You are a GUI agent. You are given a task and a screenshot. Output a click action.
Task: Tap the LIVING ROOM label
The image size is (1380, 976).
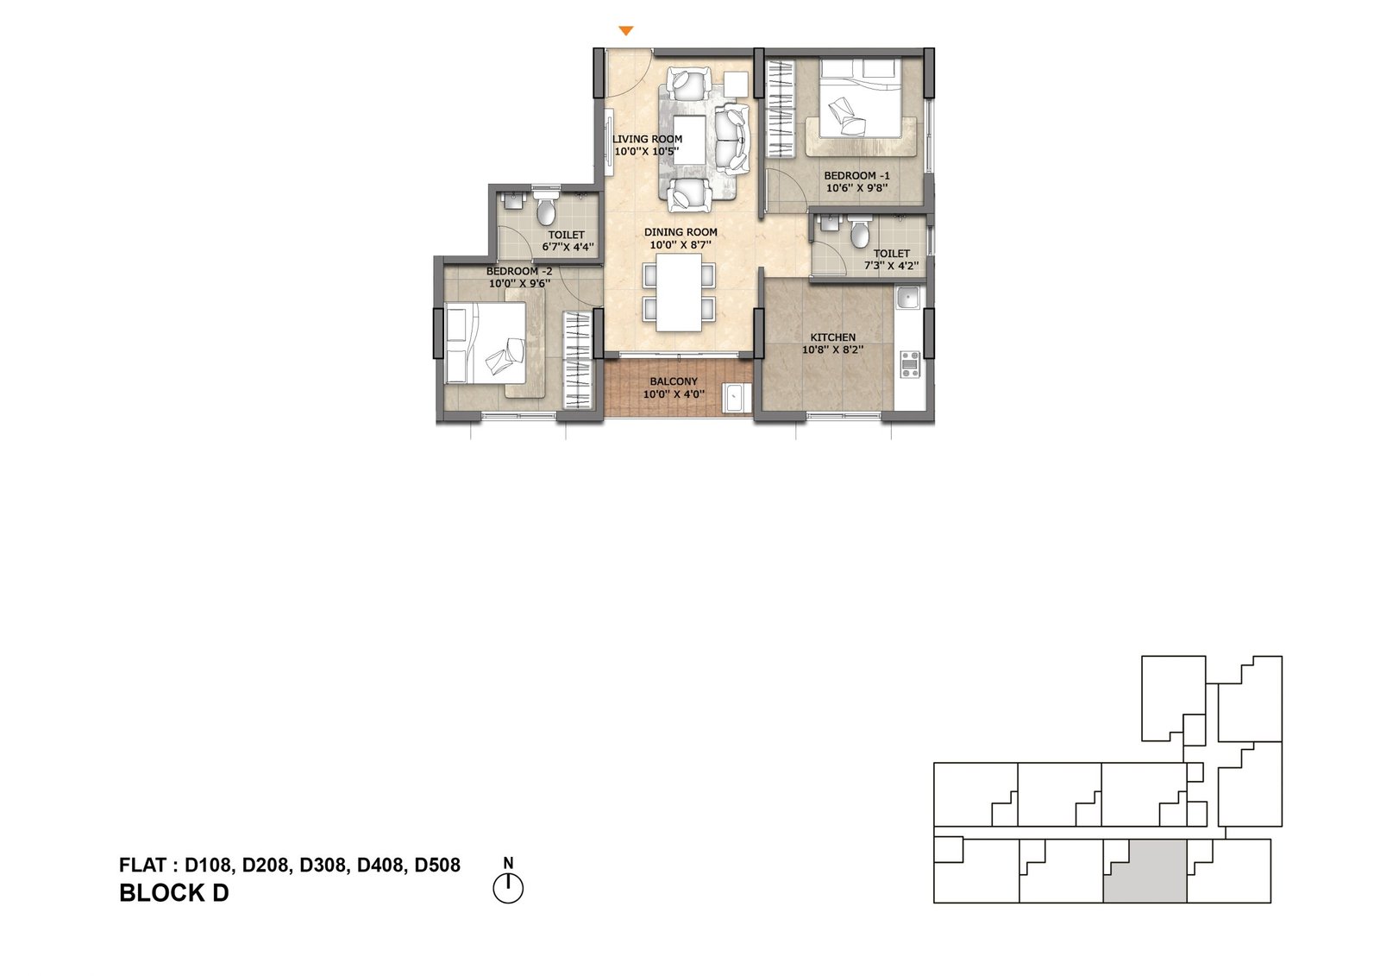coord(647,139)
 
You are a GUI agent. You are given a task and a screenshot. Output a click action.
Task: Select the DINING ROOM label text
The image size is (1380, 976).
coord(681,232)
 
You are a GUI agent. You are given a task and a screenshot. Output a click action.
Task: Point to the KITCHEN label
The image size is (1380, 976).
coord(833,337)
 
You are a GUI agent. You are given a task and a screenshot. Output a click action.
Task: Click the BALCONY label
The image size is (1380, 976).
coord(674,381)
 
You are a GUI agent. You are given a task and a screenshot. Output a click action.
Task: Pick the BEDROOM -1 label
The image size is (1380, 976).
coord(857,176)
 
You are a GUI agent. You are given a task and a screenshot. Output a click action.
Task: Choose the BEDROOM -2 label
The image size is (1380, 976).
coord(519,271)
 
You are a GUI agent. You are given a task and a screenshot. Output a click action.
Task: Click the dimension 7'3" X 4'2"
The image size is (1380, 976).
coord(892,266)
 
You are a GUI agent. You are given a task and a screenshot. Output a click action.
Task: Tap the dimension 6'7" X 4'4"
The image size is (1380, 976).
coord(568,248)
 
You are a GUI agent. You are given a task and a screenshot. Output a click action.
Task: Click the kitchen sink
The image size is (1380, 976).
coord(908,299)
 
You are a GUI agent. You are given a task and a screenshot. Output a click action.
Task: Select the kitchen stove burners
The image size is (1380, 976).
coord(910,364)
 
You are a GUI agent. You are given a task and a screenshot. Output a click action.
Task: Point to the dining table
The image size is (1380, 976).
coord(679,293)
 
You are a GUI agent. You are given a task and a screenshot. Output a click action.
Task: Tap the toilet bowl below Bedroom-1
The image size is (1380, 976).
coord(859,232)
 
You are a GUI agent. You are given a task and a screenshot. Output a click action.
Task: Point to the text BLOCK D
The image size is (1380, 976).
coord(173,893)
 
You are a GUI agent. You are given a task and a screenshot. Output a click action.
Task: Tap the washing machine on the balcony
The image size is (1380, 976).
coord(737,398)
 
